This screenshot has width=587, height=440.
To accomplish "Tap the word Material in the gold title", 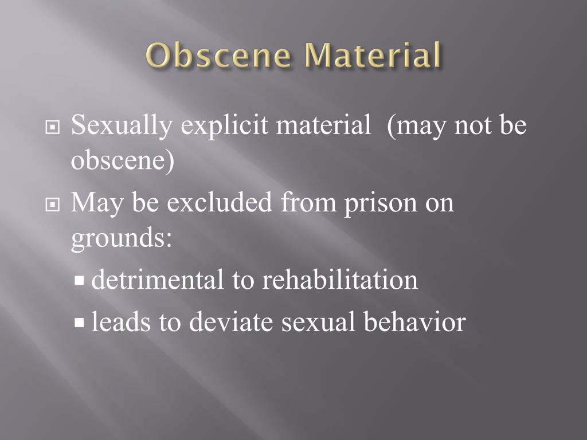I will (x=374, y=56).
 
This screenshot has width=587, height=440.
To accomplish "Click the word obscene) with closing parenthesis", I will (x=122, y=162).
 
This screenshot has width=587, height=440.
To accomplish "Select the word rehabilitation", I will (x=340, y=280).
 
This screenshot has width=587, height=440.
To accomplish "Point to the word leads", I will (x=122, y=321).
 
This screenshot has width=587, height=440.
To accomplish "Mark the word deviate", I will (x=232, y=321).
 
